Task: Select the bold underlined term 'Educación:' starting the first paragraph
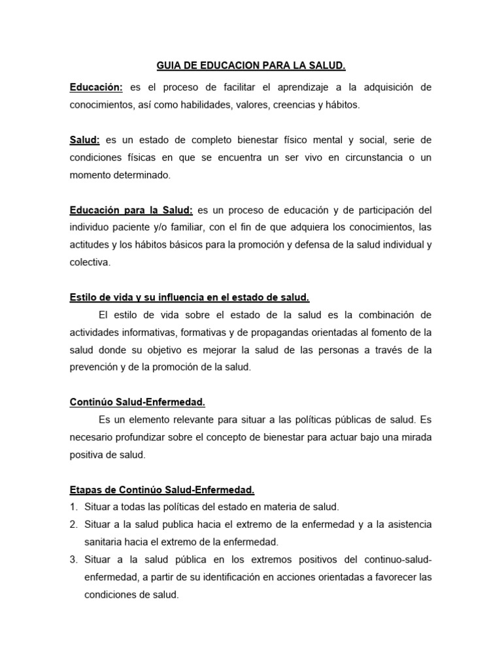pyautogui.click(x=96, y=87)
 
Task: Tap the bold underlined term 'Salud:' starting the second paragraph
pyautogui.click(x=85, y=140)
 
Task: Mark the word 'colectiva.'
pyautogui.click(x=91, y=263)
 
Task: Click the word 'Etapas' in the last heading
pyautogui.click(x=86, y=490)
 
